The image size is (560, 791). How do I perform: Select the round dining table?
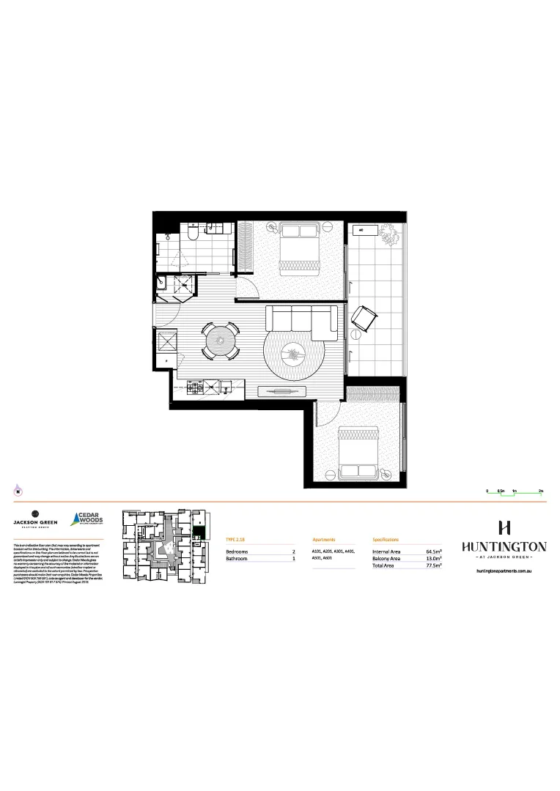point(219,341)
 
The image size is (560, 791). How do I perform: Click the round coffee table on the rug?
point(295,355)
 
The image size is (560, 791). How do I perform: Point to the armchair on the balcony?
point(364,319)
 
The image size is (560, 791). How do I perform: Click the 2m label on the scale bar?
point(540,489)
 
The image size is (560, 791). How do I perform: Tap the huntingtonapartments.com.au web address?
point(504,569)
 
